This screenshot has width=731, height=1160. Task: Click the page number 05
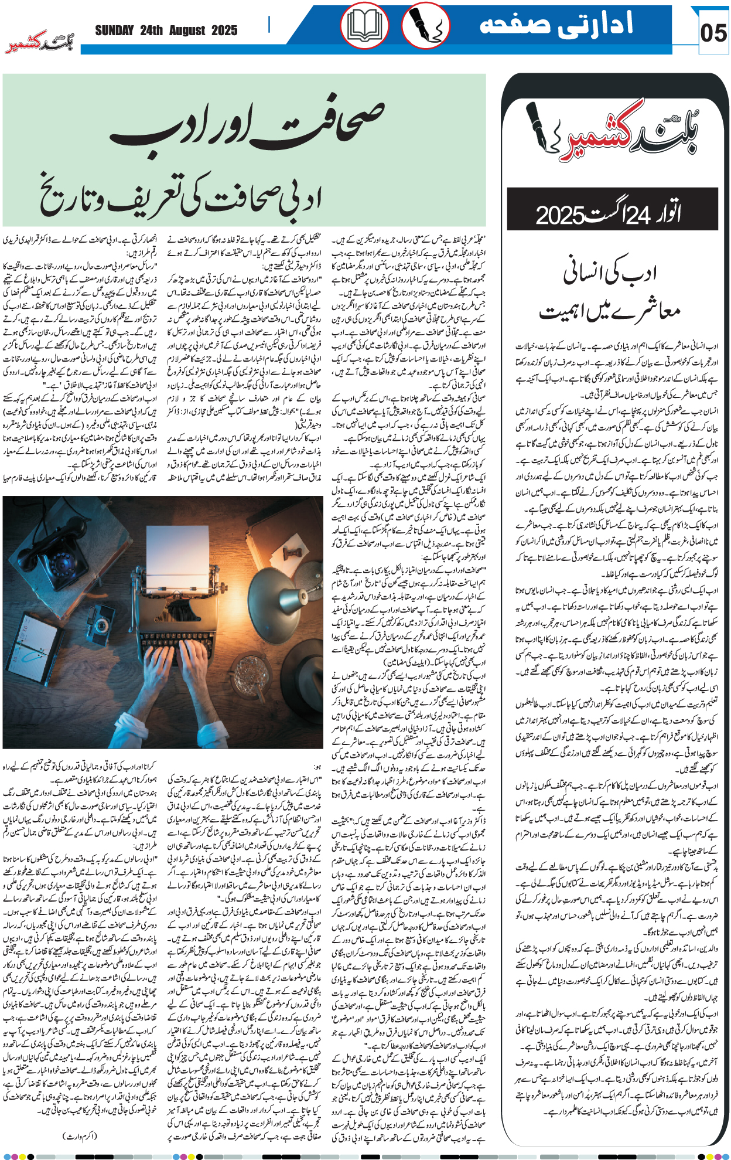pyautogui.click(x=713, y=33)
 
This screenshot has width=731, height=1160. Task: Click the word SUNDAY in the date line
pyautogui.click(x=114, y=30)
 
